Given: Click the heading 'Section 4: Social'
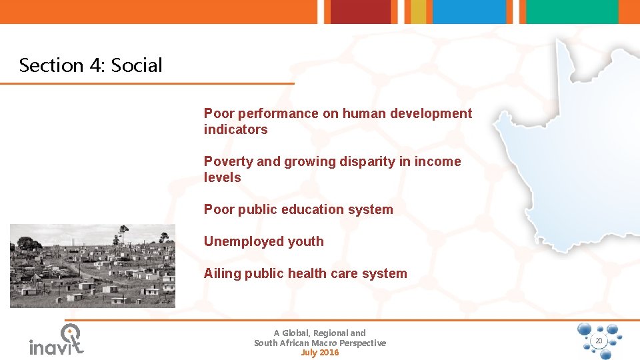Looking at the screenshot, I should click(x=91, y=65).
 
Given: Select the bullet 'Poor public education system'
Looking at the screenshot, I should click(x=298, y=209).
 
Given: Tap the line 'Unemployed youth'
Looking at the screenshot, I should click(x=263, y=241).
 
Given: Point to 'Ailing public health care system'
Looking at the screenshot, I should click(x=305, y=273).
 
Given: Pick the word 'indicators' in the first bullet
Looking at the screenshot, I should click(x=235, y=129).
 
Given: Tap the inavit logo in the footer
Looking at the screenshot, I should click(x=57, y=340).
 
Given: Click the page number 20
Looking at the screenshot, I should click(x=598, y=341).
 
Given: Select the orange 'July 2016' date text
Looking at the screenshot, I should click(x=319, y=353).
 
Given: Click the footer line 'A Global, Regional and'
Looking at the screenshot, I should click(x=319, y=333).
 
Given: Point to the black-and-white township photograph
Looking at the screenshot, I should click(x=92, y=265).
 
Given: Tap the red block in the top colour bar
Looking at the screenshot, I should click(x=360, y=11).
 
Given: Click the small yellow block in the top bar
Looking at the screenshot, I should click(x=418, y=11).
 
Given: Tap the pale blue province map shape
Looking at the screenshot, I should click(x=567, y=153).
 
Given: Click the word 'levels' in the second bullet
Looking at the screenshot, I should click(x=222, y=177).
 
